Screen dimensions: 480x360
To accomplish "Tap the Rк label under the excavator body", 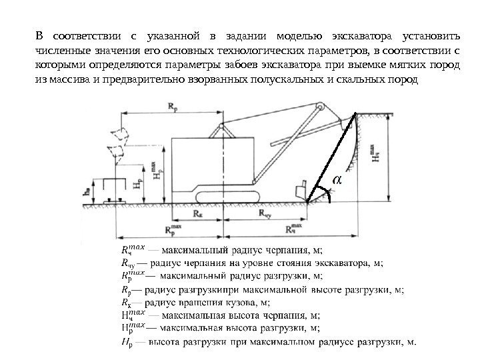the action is pyautogui.click(x=198, y=214).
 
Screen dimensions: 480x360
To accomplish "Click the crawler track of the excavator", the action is pyautogui.click(x=227, y=194).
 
